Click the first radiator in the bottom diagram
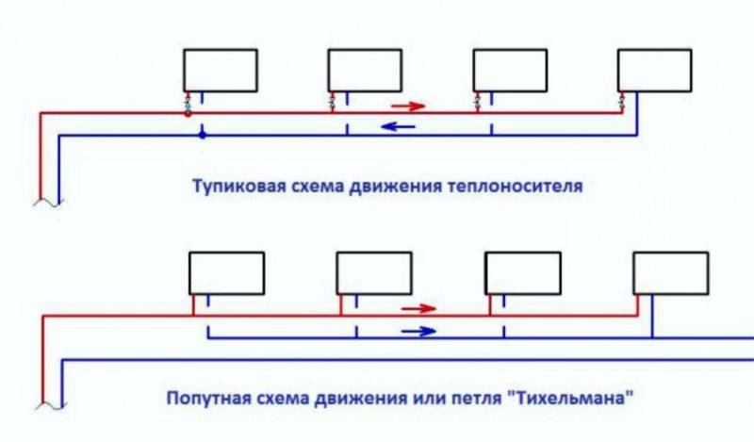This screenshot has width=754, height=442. (226, 272)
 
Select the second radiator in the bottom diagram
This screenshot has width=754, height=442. (374, 272)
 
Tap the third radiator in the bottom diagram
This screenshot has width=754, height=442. (521, 272)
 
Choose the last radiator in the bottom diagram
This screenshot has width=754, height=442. (670, 272)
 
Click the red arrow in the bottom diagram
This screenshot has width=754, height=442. (420, 308)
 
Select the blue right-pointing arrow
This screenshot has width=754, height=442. (418, 331)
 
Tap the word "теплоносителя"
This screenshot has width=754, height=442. (523, 187)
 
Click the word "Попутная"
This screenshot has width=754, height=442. (205, 399)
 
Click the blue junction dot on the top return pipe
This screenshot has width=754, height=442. (201, 136)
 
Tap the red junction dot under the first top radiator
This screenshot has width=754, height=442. (188, 113)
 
